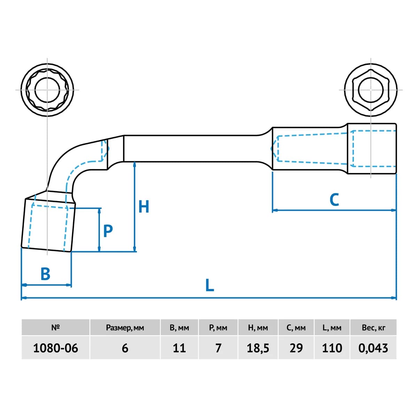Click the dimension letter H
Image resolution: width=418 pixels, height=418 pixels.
[144, 207]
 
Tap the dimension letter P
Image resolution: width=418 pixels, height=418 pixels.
[108, 231]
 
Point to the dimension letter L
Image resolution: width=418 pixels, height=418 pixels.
[210, 285]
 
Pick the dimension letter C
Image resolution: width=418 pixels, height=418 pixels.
[334, 200]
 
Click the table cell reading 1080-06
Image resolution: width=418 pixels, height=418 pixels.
[55, 348]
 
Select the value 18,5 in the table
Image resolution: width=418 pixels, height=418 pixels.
[258, 349]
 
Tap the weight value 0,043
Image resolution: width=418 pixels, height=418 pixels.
[373, 349]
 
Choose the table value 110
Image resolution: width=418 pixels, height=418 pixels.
[332, 348]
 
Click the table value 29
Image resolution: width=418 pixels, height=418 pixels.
[296, 348]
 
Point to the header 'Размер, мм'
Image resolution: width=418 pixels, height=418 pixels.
[125, 328]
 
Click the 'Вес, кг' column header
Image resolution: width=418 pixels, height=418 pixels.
[373, 328]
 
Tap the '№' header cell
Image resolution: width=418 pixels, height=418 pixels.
[55, 327]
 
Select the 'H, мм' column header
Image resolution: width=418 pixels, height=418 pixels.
[258, 328]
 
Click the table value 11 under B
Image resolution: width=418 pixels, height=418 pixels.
[179, 348]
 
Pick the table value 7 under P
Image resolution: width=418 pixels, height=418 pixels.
[218, 348]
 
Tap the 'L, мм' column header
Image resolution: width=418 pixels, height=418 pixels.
[332, 328]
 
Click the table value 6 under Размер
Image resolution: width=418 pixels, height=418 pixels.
[125, 348]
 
